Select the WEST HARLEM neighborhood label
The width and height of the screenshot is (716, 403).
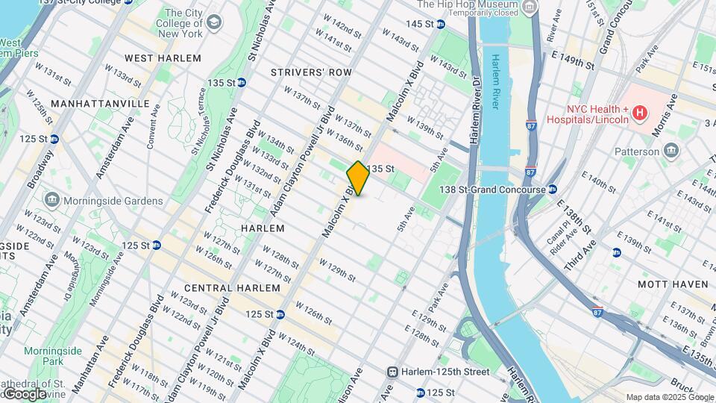click(163, 58)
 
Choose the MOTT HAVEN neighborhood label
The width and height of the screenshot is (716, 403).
click(673, 284)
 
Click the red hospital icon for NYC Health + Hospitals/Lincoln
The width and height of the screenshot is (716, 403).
click(638, 113)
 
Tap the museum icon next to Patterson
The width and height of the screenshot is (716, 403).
click(671, 151)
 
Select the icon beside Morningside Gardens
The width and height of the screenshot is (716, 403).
click(51, 201)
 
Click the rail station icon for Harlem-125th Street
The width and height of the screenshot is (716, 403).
click(392, 372)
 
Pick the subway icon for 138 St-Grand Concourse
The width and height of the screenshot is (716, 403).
click(552, 190)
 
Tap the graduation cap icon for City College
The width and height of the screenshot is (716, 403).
click(215, 22)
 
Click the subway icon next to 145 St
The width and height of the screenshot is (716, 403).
click(440, 24)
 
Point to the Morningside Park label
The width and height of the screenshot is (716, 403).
click(52, 355)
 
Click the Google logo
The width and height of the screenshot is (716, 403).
click(25, 393)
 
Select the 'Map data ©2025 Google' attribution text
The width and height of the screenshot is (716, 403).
click(669, 397)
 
